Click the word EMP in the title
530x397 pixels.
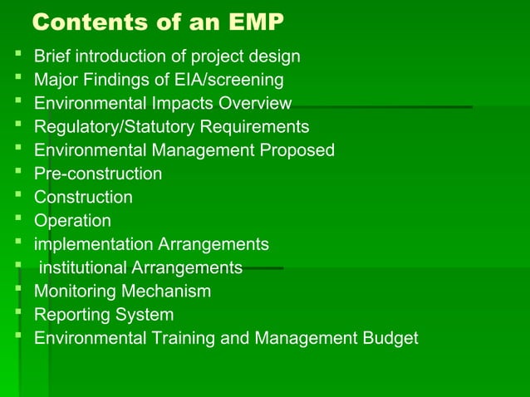pos(249,22)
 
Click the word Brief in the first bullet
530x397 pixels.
pos(52,57)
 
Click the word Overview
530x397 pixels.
pos(254,104)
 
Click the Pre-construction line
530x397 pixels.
pos(97,174)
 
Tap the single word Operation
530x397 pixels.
pos(72,221)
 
